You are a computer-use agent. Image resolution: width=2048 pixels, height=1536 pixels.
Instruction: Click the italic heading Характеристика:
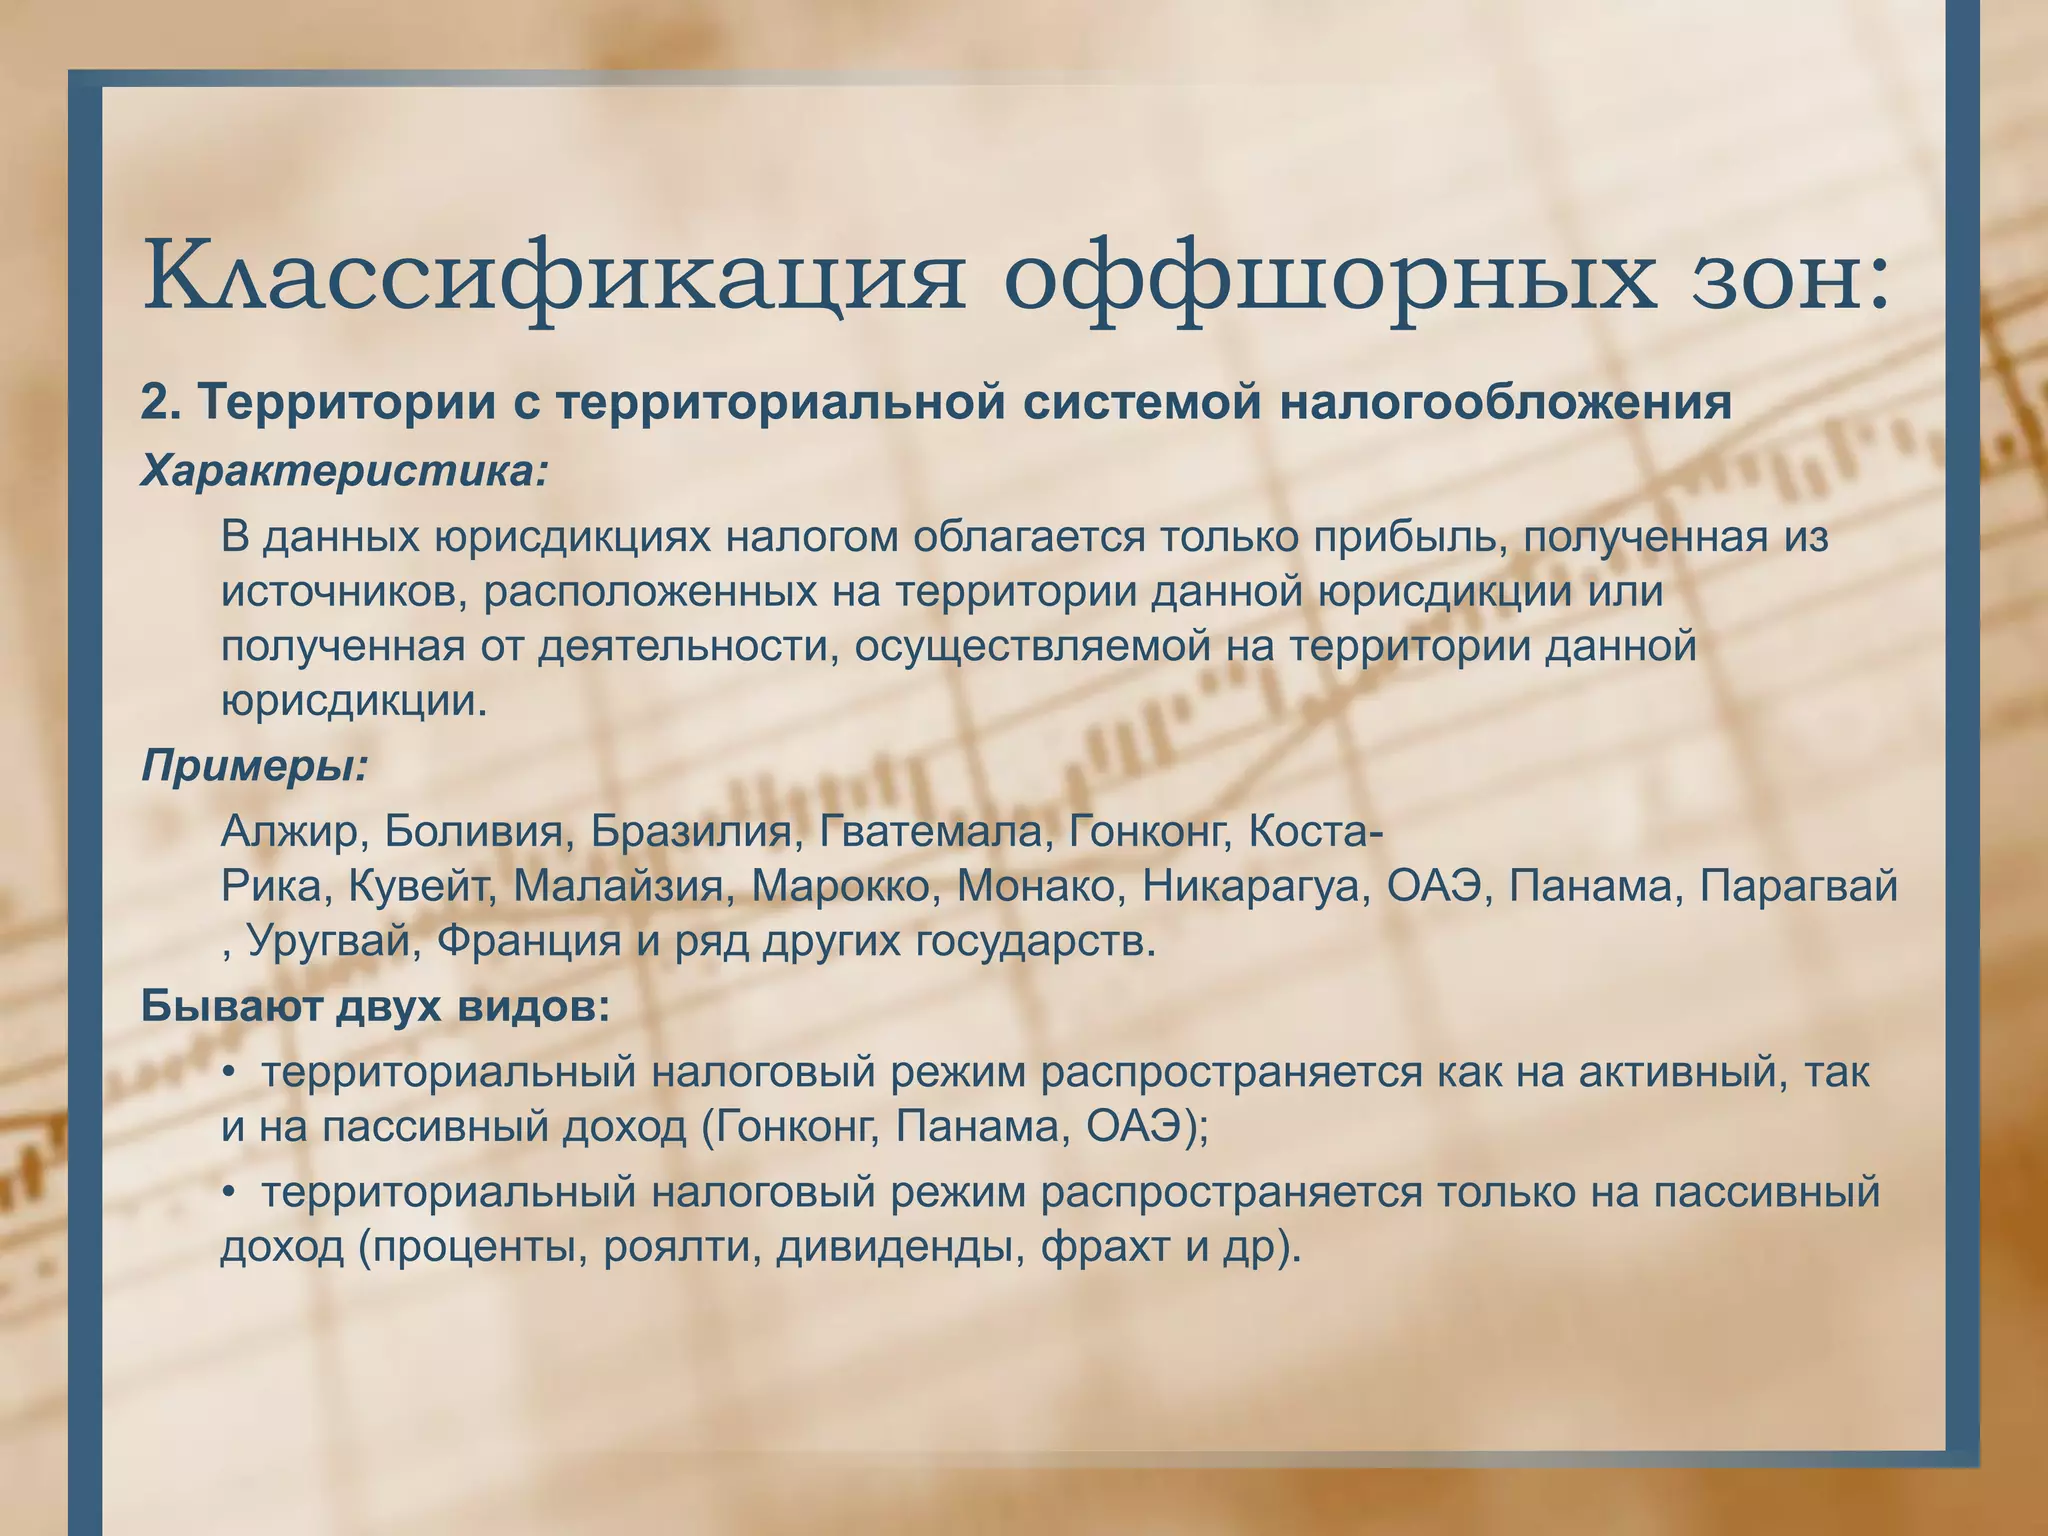tap(345, 470)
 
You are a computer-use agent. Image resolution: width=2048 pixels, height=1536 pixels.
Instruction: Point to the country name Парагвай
tap(1800, 886)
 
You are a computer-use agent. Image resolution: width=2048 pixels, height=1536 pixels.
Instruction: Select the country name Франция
tap(529, 941)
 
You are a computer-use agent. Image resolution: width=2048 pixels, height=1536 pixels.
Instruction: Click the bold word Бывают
tap(231, 1005)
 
